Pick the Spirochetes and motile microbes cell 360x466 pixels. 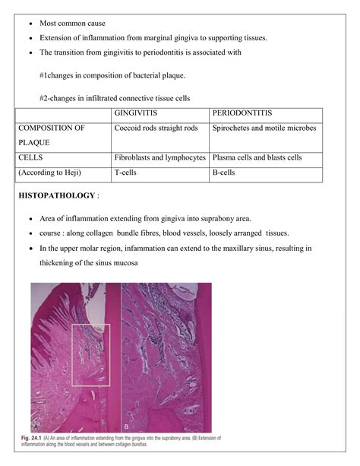tap(264, 128)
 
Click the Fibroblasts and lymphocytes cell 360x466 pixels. tap(159, 157)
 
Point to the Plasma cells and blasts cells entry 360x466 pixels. tap(257, 157)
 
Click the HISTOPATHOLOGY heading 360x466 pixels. tap(55, 196)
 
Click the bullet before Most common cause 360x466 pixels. tap(30, 24)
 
